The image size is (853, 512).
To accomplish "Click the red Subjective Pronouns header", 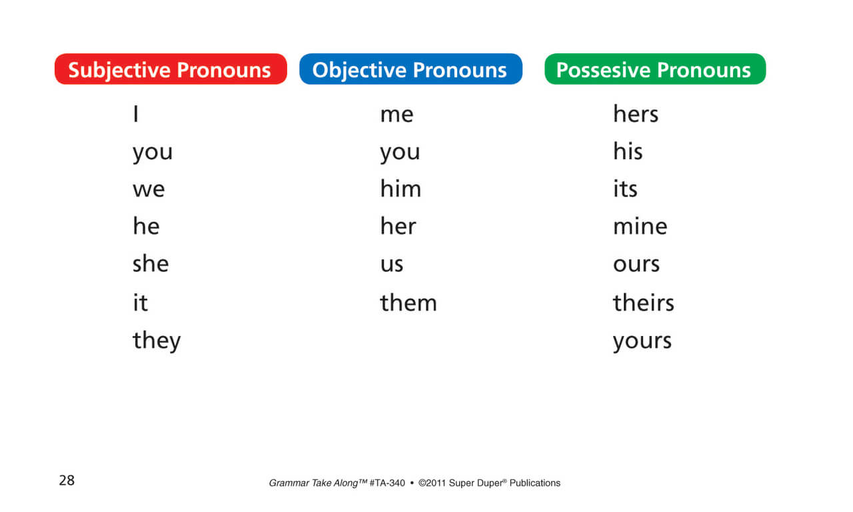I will [x=171, y=69].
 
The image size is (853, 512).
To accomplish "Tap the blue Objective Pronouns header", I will [x=411, y=69].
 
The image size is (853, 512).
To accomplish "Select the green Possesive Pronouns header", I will [x=654, y=69].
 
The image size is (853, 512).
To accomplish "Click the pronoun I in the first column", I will [x=136, y=114].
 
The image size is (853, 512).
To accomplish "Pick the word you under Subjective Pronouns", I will [x=153, y=153].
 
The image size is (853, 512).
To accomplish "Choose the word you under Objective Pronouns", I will [x=400, y=153].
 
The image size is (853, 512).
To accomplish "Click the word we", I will [x=149, y=190].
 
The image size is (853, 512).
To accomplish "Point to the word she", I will [x=151, y=264].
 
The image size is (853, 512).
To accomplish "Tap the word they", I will [x=157, y=341].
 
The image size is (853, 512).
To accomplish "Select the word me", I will [x=397, y=115].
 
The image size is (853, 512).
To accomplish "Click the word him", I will [x=401, y=189].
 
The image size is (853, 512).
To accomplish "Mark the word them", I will [x=409, y=303].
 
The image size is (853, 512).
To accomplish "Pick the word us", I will [x=392, y=265].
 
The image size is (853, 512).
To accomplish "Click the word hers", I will [x=636, y=115].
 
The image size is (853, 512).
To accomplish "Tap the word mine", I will [x=640, y=227].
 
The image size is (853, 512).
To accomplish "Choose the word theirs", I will [x=644, y=303].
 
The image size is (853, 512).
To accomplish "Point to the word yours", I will [x=642, y=341].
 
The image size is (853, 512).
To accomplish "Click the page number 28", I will [x=67, y=480].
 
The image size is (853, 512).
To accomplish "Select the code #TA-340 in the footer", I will [x=387, y=483].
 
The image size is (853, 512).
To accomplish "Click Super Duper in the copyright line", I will [x=477, y=483].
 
